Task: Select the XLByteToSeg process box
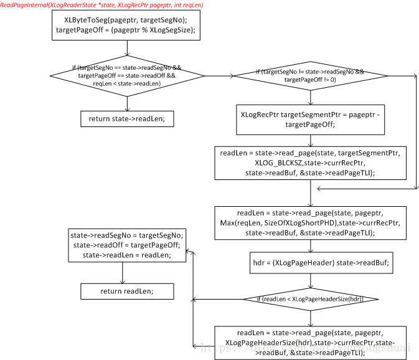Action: (126, 26)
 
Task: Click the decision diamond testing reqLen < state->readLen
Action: (127, 75)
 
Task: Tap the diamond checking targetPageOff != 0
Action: (310, 76)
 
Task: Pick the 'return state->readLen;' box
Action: (127, 119)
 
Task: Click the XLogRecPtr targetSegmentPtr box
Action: (310, 120)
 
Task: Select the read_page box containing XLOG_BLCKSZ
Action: (310, 163)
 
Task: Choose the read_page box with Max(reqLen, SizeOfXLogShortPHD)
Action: (310, 224)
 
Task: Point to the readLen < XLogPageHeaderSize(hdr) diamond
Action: (310, 300)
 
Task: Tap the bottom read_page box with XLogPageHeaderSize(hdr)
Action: (310, 343)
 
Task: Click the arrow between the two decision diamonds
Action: (218, 76)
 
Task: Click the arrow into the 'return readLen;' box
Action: (122, 273)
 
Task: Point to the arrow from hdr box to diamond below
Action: (310, 280)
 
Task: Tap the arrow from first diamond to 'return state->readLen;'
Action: (127, 103)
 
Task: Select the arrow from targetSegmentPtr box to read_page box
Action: (310, 140)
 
